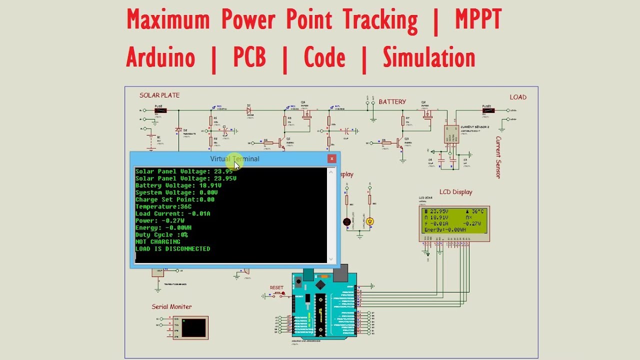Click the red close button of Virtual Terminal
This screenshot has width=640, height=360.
pyautogui.click(x=331, y=158)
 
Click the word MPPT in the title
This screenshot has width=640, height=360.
pyautogui.click(x=478, y=20)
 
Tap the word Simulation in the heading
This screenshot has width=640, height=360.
pyautogui.click(x=429, y=57)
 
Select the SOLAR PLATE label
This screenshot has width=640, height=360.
pyautogui.click(x=159, y=95)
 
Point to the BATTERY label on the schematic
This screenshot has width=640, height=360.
pyautogui.click(x=392, y=101)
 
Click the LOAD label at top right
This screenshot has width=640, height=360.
pyautogui.click(x=518, y=97)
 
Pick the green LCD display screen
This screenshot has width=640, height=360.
pyautogui.click(x=454, y=220)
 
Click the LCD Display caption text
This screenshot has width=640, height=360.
pyautogui.click(x=455, y=192)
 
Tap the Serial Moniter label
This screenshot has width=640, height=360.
pyautogui.click(x=171, y=306)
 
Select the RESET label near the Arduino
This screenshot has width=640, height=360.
pyautogui.click(x=276, y=288)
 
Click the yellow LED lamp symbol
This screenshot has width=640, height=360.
pyautogui.click(x=370, y=221)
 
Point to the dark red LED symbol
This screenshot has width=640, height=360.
pyautogui.click(x=347, y=221)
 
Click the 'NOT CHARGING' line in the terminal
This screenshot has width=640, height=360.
pyautogui.click(x=158, y=241)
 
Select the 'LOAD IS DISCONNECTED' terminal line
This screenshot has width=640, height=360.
pyautogui.click(x=172, y=248)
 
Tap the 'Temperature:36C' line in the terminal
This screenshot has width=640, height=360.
pyautogui.click(x=163, y=206)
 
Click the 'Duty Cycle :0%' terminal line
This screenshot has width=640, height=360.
pyautogui.click(x=161, y=234)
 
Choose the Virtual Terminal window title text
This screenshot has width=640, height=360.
pyautogui.click(x=234, y=158)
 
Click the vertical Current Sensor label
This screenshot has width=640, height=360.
pyautogui.click(x=498, y=157)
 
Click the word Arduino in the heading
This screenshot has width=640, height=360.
pyautogui.click(x=160, y=57)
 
